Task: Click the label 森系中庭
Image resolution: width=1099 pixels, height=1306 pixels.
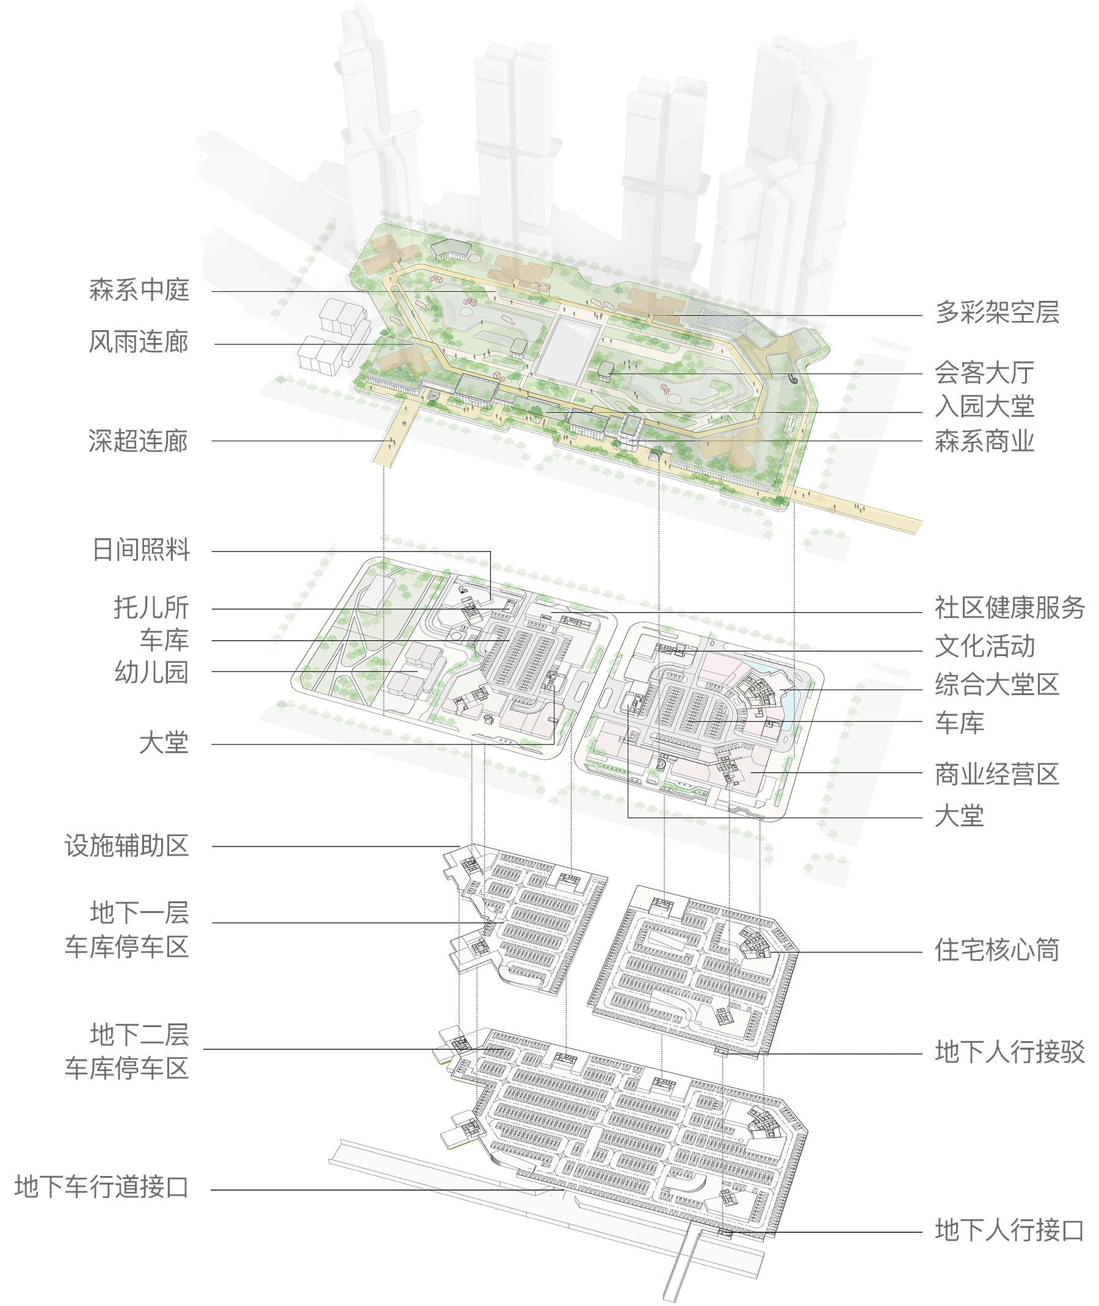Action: [139, 290]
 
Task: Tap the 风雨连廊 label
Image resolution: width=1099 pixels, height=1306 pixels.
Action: [139, 342]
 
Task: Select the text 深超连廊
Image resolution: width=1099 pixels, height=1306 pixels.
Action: [139, 441]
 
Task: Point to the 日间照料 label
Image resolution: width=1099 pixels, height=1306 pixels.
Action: [141, 550]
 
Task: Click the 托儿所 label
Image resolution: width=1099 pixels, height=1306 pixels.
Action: [151, 607]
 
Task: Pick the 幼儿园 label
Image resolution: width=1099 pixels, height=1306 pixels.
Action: [151, 672]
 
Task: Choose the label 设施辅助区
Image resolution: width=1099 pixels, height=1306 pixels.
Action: [126, 846]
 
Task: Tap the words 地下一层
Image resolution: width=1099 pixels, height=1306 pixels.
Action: [140, 913]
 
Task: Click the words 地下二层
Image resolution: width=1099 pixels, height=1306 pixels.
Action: [140, 1034]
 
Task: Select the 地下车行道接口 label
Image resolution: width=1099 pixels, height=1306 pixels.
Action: [101, 1187]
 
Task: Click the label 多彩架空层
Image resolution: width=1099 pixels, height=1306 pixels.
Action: [998, 312]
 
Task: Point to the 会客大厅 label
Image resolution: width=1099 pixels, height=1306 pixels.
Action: [985, 373]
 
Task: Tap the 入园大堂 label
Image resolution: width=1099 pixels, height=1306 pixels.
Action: [985, 406]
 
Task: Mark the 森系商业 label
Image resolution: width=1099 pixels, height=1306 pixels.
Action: [985, 442]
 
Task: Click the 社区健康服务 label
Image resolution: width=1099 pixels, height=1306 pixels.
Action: [1010, 608]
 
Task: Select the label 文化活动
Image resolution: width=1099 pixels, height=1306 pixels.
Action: [985, 646]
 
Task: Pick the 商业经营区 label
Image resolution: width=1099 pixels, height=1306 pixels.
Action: [998, 774]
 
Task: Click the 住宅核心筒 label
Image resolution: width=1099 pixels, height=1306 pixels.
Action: [998, 950]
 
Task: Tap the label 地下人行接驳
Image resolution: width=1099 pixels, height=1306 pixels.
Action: [1010, 1052]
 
